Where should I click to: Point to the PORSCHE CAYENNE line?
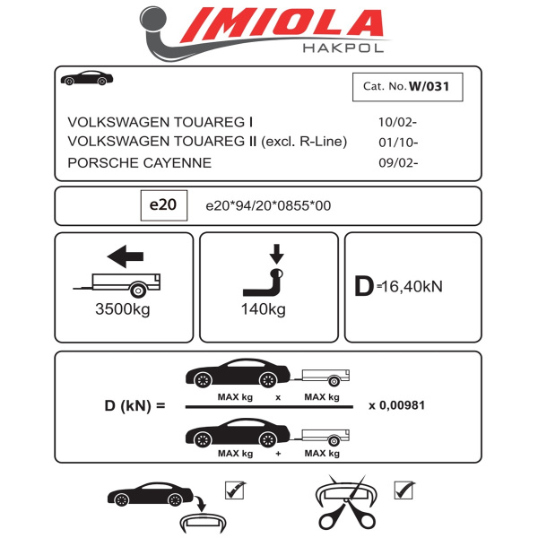pos(140,162)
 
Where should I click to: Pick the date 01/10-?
pos(398,143)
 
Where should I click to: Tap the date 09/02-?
pos(398,163)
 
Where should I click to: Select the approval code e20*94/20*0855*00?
pos(268,206)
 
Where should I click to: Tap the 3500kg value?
pos(122,310)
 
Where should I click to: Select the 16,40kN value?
pos(411,287)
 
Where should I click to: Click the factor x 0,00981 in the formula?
pos(396,405)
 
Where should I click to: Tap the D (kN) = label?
pos(135,405)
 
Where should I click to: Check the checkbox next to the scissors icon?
pos(403,490)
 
